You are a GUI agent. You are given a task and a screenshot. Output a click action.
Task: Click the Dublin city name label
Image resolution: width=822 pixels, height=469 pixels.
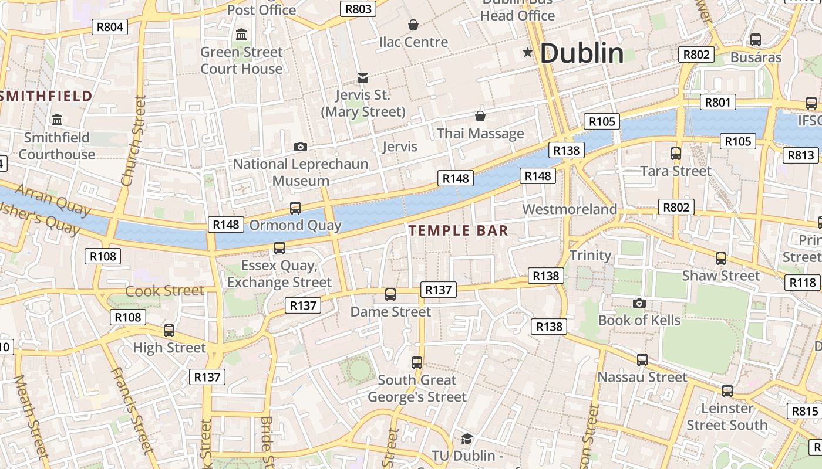pyautogui.click(x=581, y=53)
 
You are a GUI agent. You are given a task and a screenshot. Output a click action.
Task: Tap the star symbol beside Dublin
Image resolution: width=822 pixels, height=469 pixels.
pyautogui.click(x=528, y=53)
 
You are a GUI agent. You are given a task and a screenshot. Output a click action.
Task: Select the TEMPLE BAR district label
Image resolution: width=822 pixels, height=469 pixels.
pyautogui.click(x=459, y=230)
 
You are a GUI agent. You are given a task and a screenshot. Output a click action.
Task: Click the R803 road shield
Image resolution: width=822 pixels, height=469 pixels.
pyautogui.click(x=358, y=9)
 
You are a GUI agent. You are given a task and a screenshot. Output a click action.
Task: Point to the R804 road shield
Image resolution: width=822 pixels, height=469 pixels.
pyautogui.click(x=110, y=26)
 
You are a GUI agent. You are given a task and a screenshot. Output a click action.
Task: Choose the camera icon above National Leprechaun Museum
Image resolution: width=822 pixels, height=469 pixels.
pyautogui.click(x=301, y=147)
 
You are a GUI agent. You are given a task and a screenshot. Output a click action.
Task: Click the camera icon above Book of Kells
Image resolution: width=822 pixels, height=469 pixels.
pyautogui.click(x=639, y=303)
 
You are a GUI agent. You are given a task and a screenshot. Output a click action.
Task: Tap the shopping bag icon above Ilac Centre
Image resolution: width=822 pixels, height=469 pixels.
pyautogui.click(x=413, y=25)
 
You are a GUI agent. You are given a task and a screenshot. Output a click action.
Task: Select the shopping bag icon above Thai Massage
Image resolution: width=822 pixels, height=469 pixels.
pyautogui.click(x=480, y=116)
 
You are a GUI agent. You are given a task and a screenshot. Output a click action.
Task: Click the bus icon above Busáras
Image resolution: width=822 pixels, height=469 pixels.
pyautogui.click(x=756, y=40)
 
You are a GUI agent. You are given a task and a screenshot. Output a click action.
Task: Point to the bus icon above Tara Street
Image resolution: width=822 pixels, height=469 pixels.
pyautogui.click(x=676, y=154)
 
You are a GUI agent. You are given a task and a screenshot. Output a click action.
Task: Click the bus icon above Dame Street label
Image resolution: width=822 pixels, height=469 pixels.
pyautogui.click(x=390, y=294)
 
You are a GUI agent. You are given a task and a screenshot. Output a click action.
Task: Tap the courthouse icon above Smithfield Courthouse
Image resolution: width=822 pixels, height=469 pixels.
pyautogui.click(x=57, y=120)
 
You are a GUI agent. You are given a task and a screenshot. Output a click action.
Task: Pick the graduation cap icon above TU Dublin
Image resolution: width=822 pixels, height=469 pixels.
pyautogui.click(x=467, y=439)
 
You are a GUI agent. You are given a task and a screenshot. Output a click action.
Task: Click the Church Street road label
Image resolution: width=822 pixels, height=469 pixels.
pyautogui.click(x=133, y=141)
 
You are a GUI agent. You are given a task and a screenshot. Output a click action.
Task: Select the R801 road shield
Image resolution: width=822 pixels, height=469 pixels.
pyautogui.click(x=717, y=103)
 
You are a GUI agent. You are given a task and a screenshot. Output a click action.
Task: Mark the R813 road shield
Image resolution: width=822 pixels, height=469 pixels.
pyautogui.click(x=801, y=155)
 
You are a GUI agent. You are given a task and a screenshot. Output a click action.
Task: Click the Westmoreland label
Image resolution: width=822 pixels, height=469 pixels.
pyautogui.click(x=570, y=209)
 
